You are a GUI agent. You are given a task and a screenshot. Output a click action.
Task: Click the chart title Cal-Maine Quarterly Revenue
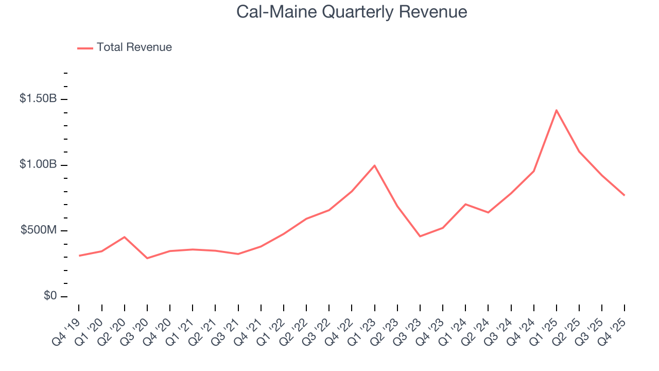(x=352, y=12)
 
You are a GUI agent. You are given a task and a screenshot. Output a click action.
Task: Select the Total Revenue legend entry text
(x=134, y=47)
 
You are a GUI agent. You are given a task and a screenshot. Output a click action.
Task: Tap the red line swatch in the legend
(x=85, y=48)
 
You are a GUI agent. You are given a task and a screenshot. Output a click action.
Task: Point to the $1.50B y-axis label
(x=38, y=98)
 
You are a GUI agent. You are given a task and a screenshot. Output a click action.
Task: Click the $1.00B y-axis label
(x=38, y=164)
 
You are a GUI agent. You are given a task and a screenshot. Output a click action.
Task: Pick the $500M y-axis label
(x=39, y=230)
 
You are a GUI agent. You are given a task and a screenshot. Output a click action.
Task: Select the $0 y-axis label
(x=49, y=296)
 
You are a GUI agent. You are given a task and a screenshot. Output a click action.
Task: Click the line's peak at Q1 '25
(x=557, y=110)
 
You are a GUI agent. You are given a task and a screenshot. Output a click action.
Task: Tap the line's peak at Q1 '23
(x=374, y=165)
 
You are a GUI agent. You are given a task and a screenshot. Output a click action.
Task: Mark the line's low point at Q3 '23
(x=420, y=237)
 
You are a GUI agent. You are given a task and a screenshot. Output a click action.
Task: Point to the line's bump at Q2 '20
(x=124, y=237)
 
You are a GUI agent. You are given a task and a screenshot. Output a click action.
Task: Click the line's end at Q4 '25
(x=625, y=195)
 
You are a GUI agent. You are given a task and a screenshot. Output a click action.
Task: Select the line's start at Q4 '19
(x=79, y=256)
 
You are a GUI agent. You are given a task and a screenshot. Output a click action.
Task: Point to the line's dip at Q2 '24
(x=488, y=212)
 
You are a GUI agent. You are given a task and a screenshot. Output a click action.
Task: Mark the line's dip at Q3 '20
(x=147, y=258)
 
